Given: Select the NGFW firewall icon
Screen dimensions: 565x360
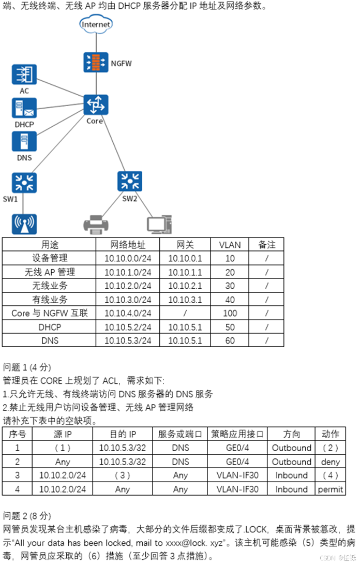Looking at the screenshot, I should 96,62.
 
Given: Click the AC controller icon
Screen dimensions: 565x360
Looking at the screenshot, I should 24,75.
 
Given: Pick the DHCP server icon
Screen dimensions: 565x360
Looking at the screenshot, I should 24,108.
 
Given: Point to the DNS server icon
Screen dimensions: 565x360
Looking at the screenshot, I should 24,141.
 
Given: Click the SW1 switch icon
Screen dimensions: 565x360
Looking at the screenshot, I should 24,182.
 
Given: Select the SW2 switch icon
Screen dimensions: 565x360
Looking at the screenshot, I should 130,182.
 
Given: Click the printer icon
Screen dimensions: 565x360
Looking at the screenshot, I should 96,224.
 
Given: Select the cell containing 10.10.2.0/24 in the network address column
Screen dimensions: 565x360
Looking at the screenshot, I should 128,286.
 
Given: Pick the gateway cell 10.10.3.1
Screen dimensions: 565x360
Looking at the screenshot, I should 185,300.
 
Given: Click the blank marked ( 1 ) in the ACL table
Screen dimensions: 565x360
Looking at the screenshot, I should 62,448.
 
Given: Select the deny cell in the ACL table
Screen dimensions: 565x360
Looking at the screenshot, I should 331,462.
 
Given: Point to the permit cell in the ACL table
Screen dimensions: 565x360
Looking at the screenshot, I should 331,489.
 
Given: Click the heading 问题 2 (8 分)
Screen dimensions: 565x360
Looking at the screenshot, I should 27,516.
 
